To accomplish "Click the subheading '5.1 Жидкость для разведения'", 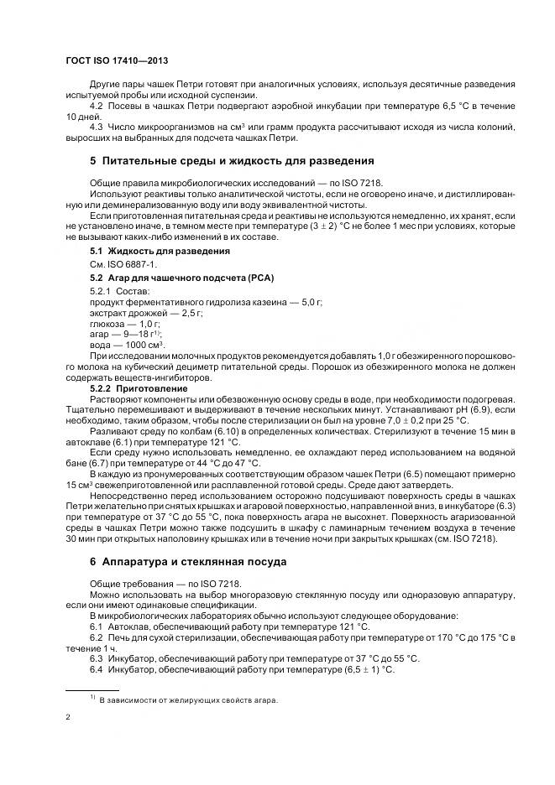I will [148, 252].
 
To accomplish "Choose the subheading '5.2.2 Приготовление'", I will [139, 389].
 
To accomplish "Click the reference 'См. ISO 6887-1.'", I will [123, 264].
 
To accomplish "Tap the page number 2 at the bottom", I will [68, 718].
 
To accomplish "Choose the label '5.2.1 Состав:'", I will [119, 290].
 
